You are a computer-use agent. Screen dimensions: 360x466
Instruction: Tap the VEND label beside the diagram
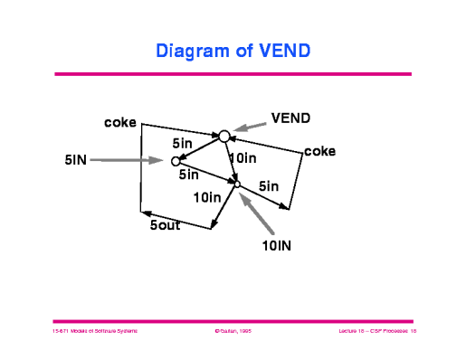click(291, 118)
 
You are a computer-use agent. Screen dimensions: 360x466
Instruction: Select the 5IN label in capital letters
click(75, 160)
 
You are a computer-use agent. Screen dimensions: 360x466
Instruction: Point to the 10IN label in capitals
click(281, 244)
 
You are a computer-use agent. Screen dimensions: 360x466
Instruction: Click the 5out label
click(165, 224)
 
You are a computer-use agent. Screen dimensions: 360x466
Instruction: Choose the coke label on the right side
click(319, 151)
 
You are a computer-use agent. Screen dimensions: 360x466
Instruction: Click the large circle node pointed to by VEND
click(223, 136)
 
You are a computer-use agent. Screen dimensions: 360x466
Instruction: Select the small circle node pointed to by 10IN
click(238, 185)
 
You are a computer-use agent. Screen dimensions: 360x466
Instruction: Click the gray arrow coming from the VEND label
click(250, 127)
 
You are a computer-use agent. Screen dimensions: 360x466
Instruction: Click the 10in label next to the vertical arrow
click(243, 158)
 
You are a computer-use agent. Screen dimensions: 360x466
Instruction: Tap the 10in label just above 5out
click(207, 197)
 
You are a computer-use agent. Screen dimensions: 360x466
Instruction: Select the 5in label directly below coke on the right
click(269, 185)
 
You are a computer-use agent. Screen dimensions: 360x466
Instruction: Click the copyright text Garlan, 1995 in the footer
click(232, 333)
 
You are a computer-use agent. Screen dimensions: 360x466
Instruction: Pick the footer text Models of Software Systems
click(94, 333)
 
